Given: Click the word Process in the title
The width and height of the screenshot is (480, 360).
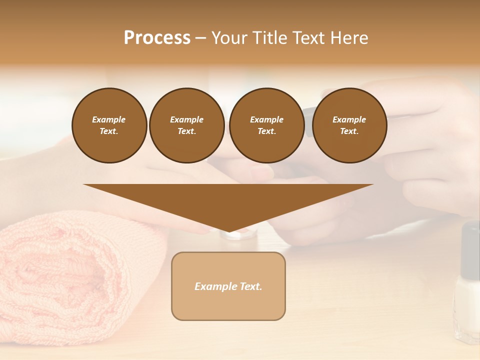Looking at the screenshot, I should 157,38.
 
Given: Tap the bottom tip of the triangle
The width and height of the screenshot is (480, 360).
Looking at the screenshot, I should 228,230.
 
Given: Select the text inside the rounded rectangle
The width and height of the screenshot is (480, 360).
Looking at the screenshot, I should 228,286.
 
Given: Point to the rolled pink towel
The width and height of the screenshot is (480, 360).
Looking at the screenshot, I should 70,280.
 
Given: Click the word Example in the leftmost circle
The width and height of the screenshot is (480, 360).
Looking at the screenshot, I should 109,119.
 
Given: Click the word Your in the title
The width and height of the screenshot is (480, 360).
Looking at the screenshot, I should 229,38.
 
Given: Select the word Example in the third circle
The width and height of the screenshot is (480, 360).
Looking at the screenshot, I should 266,119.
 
